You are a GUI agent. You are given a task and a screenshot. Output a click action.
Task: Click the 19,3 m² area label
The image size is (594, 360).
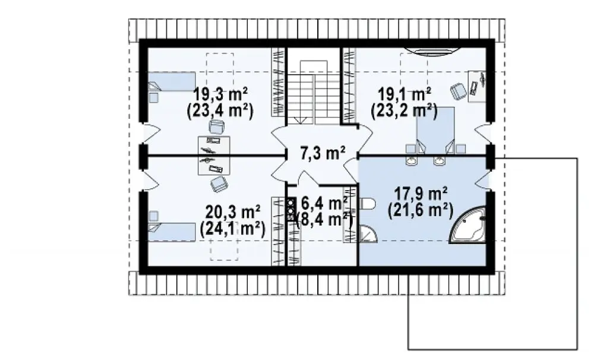tap(220, 94)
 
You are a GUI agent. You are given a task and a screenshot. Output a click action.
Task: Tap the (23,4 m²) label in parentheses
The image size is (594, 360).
tap(220, 112)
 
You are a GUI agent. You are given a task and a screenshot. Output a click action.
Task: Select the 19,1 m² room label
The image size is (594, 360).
tap(405, 94)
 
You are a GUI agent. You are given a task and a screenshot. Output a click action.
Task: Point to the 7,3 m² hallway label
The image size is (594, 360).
tap(323, 154)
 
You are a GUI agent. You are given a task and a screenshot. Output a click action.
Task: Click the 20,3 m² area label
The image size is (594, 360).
tap(233, 211)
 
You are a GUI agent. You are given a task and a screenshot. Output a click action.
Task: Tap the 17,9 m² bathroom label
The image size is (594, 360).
tap(421, 194)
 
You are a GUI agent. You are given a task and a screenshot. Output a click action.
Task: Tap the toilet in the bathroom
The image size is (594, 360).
tap(366, 204)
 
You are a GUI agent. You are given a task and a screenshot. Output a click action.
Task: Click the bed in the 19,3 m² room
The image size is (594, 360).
tap(172, 81)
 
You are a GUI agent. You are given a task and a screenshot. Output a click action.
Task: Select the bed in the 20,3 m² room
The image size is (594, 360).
tap(172, 232)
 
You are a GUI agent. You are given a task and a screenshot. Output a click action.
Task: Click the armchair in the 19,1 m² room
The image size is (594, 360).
tap(459, 91)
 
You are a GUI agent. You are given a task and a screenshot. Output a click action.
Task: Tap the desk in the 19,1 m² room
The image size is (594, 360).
tap(477, 86)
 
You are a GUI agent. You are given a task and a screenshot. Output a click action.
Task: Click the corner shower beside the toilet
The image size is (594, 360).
tap(368, 233)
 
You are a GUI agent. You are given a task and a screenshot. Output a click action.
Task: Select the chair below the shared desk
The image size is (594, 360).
tap(219, 184)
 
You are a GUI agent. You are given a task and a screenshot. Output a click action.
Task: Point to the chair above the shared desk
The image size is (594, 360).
tap(216, 127)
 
